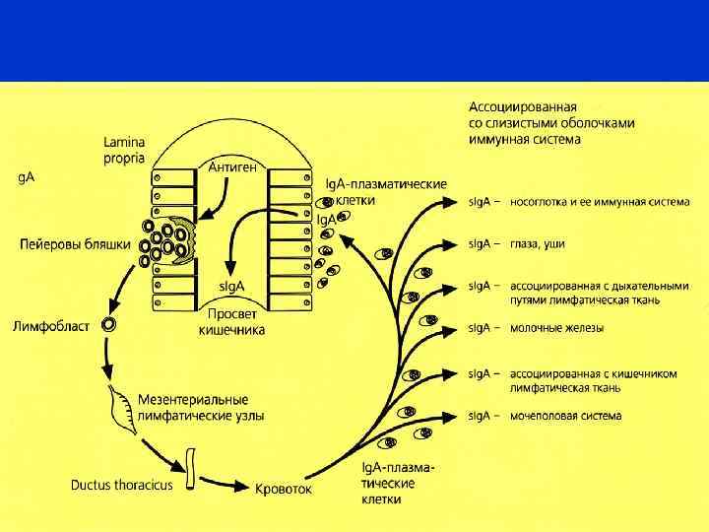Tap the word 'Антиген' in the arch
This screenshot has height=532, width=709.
coord(233,167)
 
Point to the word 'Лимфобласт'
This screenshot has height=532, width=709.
coord(52,324)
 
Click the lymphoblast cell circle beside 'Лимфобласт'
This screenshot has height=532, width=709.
coord(110,324)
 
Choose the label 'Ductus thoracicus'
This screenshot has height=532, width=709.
coord(121,485)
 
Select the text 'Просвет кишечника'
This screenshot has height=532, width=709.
coord(231,322)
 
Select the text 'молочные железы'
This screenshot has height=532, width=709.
coord(556,327)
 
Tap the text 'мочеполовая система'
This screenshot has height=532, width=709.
coord(565,416)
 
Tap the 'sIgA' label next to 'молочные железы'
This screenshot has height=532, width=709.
coord(482,327)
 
